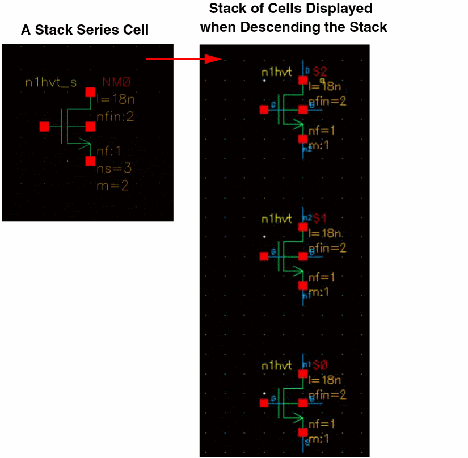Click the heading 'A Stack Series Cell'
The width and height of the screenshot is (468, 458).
[x=85, y=30]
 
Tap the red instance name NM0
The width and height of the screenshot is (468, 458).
[x=116, y=83]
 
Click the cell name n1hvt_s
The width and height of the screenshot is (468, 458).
[x=50, y=83]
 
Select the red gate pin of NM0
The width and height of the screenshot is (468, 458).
[x=44, y=127]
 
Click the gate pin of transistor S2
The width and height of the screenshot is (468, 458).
[x=264, y=110]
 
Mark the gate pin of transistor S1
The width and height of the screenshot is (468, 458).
[x=264, y=257]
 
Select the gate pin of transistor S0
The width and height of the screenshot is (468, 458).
[x=264, y=403]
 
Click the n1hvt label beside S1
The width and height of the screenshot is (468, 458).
[x=276, y=219]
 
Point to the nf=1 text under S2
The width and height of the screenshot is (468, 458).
[x=322, y=131]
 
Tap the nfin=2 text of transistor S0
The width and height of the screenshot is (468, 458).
[x=327, y=394]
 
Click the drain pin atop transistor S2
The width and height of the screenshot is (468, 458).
[x=303, y=80]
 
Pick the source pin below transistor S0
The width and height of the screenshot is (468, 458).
[x=303, y=432]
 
